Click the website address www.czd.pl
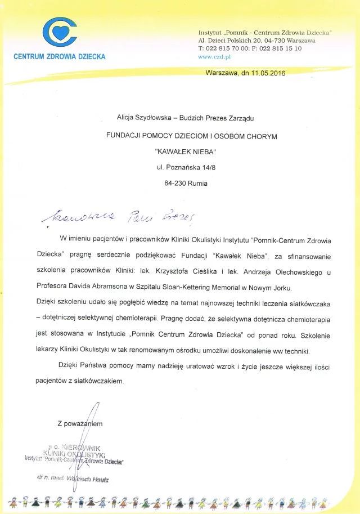coord(212,57)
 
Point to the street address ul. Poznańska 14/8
coord(185,167)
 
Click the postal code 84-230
coord(170,183)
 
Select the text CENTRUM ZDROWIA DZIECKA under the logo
coord(59,57)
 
